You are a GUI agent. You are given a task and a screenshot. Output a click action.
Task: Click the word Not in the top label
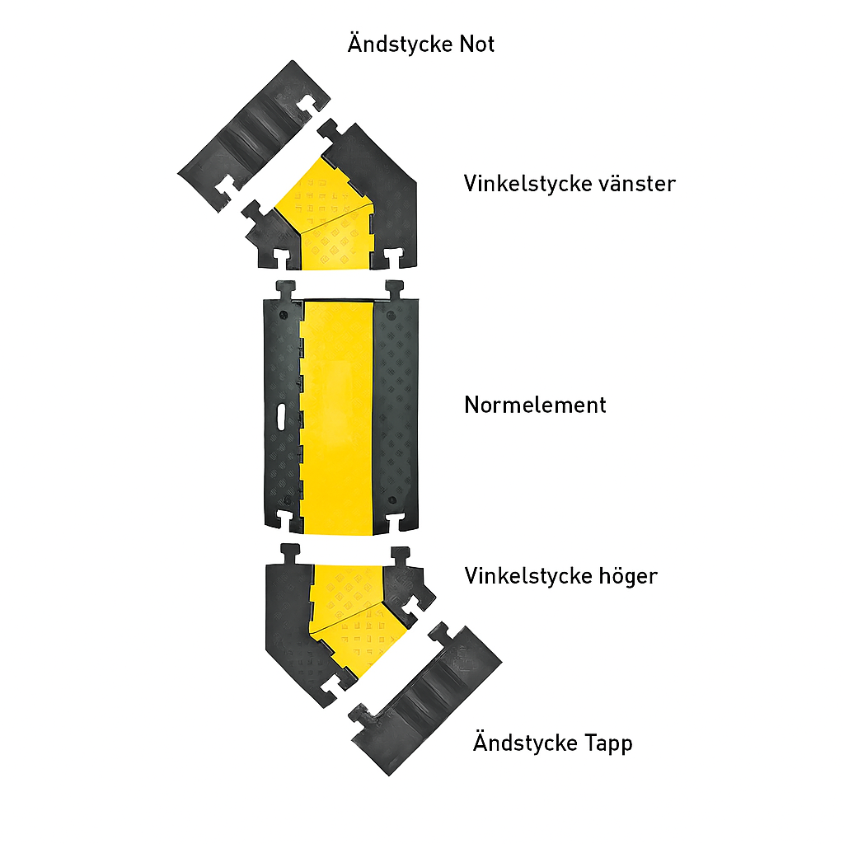[x=476, y=45]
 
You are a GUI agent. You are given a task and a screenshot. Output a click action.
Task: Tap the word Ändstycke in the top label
[x=400, y=43]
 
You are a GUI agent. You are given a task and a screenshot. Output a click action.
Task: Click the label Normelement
[x=535, y=405]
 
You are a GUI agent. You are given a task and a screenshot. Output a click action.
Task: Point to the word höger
[x=627, y=576]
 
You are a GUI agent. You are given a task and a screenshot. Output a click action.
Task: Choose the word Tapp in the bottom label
[x=608, y=743]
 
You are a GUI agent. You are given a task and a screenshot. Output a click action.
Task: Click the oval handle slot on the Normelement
[x=282, y=418]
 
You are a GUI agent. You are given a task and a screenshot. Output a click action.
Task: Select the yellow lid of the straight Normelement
[x=336, y=417]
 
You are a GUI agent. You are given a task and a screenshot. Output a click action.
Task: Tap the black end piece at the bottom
[x=425, y=700]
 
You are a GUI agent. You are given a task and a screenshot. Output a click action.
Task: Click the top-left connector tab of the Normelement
[x=286, y=291]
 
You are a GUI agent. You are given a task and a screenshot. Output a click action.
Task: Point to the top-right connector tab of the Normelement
[x=395, y=291]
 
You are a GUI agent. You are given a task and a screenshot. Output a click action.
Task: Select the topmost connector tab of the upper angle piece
[x=328, y=132]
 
